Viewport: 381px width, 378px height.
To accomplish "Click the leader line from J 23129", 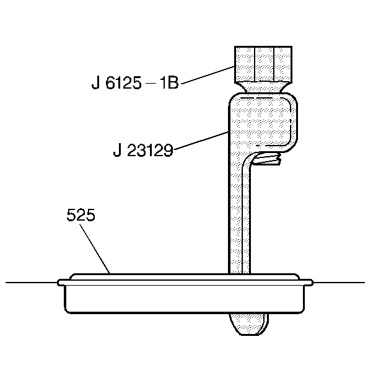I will [201, 139].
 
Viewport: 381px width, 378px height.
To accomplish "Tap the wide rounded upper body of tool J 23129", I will [262, 121].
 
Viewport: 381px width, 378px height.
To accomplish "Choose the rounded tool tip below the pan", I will [248, 322].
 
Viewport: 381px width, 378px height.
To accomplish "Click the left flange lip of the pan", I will [62, 283].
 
